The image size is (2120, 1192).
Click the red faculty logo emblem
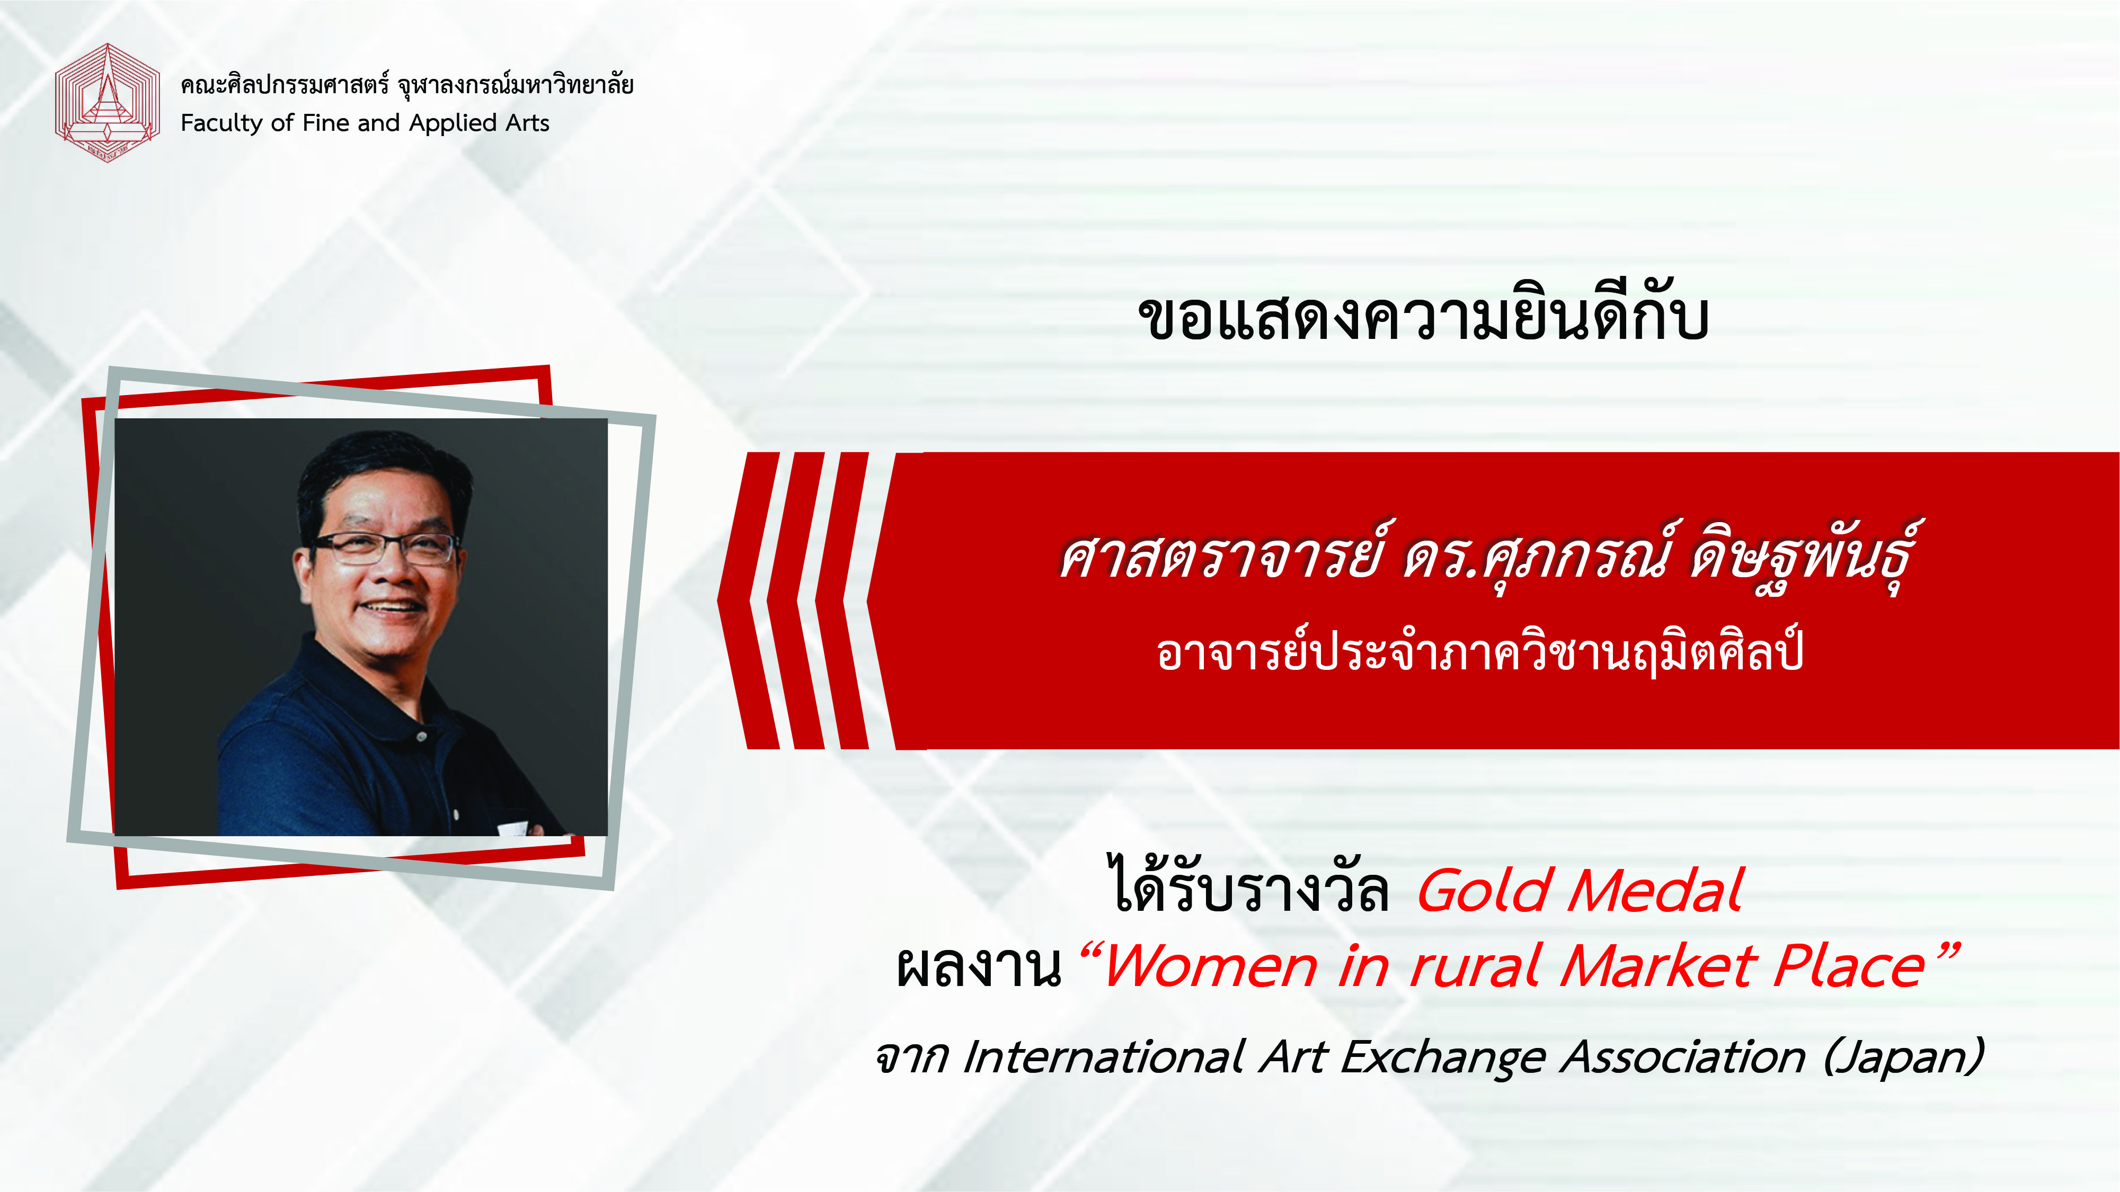click(x=107, y=103)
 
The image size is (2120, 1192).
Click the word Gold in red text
click(x=1485, y=890)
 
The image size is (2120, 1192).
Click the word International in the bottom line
click(x=1103, y=1056)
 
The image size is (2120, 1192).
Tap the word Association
click(x=1683, y=1056)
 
